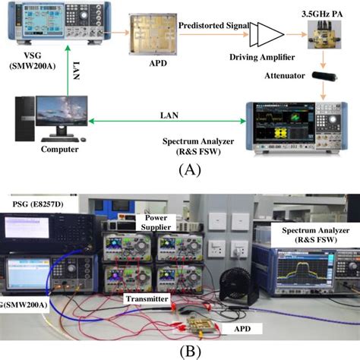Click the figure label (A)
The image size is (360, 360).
pyautogui.click(x=189, y=170)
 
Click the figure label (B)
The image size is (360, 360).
pyautogui.click(x=187, y=351)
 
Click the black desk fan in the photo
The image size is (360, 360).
pyautogui.click(x=229, y=289)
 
